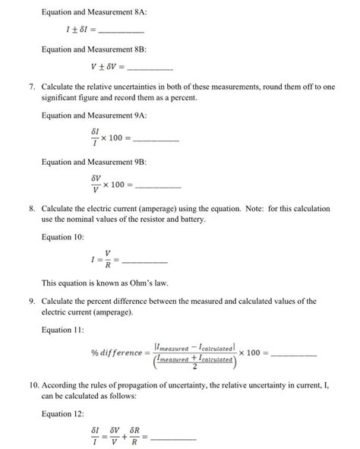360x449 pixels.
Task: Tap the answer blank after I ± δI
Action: click(121, 32)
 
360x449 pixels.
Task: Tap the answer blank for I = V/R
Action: click(144, 261)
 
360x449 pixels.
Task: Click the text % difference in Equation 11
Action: click(115, 353)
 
